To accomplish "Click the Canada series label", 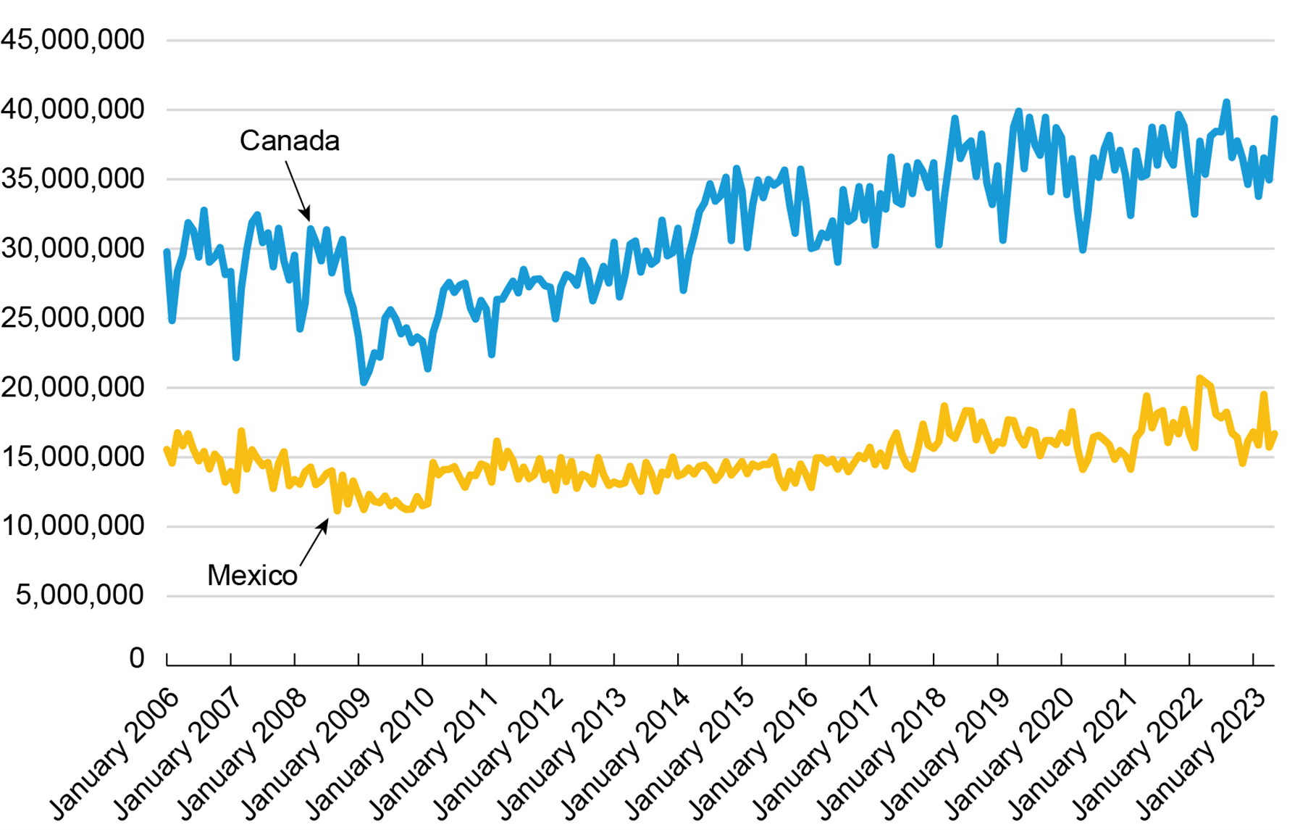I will [289, 141].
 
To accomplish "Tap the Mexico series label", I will [252, 575].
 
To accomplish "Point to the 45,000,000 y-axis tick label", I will [72, 39].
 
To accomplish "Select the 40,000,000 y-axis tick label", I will [72, 109].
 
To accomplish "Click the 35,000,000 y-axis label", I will [72, 178].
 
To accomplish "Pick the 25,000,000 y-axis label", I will [72, 318].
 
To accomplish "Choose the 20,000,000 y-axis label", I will [72, 387].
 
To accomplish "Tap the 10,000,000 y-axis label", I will [72, 526].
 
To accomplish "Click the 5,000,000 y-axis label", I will [80, 595].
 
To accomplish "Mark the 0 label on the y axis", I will [137, 657].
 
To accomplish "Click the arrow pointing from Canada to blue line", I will [298, 190].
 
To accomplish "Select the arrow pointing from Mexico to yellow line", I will [314, 542].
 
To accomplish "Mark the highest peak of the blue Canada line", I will [1226, 102].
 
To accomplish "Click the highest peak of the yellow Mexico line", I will [1200, 378].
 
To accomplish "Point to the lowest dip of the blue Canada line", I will [364, 382].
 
